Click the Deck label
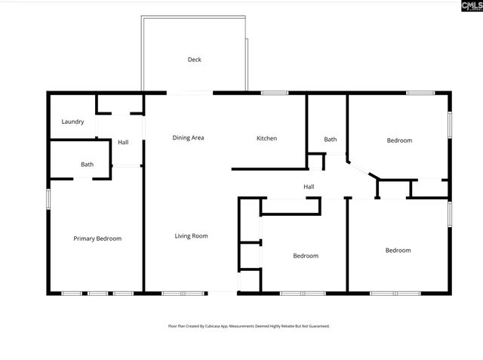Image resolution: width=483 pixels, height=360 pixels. pyautogui.click(x=195, y=60)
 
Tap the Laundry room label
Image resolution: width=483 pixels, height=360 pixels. pyautogui.click(x=72, y=122)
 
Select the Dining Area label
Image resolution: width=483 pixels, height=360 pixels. pyautogui.click(x=188, y=138)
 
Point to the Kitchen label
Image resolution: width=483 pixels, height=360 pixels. pyautogui.click(x=266, y=138)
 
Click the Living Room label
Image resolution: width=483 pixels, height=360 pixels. pyautogui.click(x=191, y=236)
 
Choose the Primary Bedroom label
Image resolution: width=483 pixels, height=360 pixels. pyautogui.click(x=97, y=238)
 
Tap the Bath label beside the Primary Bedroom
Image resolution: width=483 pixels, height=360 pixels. pyautogui.click(x=88, y=165)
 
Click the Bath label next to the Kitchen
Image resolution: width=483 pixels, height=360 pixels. pyautogui.click(x=331, y=140)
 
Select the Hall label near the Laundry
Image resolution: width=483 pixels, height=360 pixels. pyautogui.click(x=123, y=142)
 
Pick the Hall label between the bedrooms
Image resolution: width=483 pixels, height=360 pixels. pyautogui.click(x=309, y=187)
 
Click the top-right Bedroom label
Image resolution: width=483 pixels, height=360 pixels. pyautogui.click(x=399, y=140)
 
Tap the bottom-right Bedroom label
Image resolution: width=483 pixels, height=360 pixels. pyautogui.click(x=398, y=251)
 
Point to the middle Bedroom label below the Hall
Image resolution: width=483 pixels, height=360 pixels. pyautogui.click(x=306, y=256)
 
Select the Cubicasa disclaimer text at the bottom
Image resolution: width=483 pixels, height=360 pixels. pyautogui.click(x=248, y=326)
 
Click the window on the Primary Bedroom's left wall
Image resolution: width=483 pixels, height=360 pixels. pyautogui.click(x=48, y=198)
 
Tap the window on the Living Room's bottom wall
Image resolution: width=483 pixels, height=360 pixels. pyautogui.click(x=183, y=293)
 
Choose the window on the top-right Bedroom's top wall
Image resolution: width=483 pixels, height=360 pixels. pyautogui.click(x=420, y=93)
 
